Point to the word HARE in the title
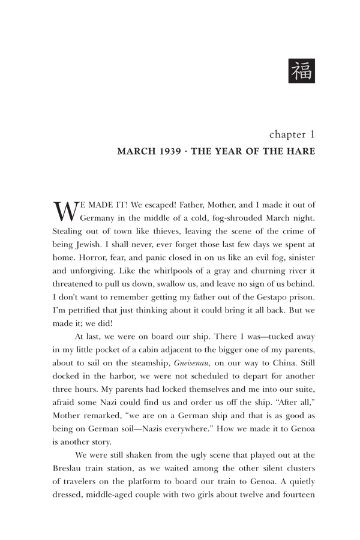299,152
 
